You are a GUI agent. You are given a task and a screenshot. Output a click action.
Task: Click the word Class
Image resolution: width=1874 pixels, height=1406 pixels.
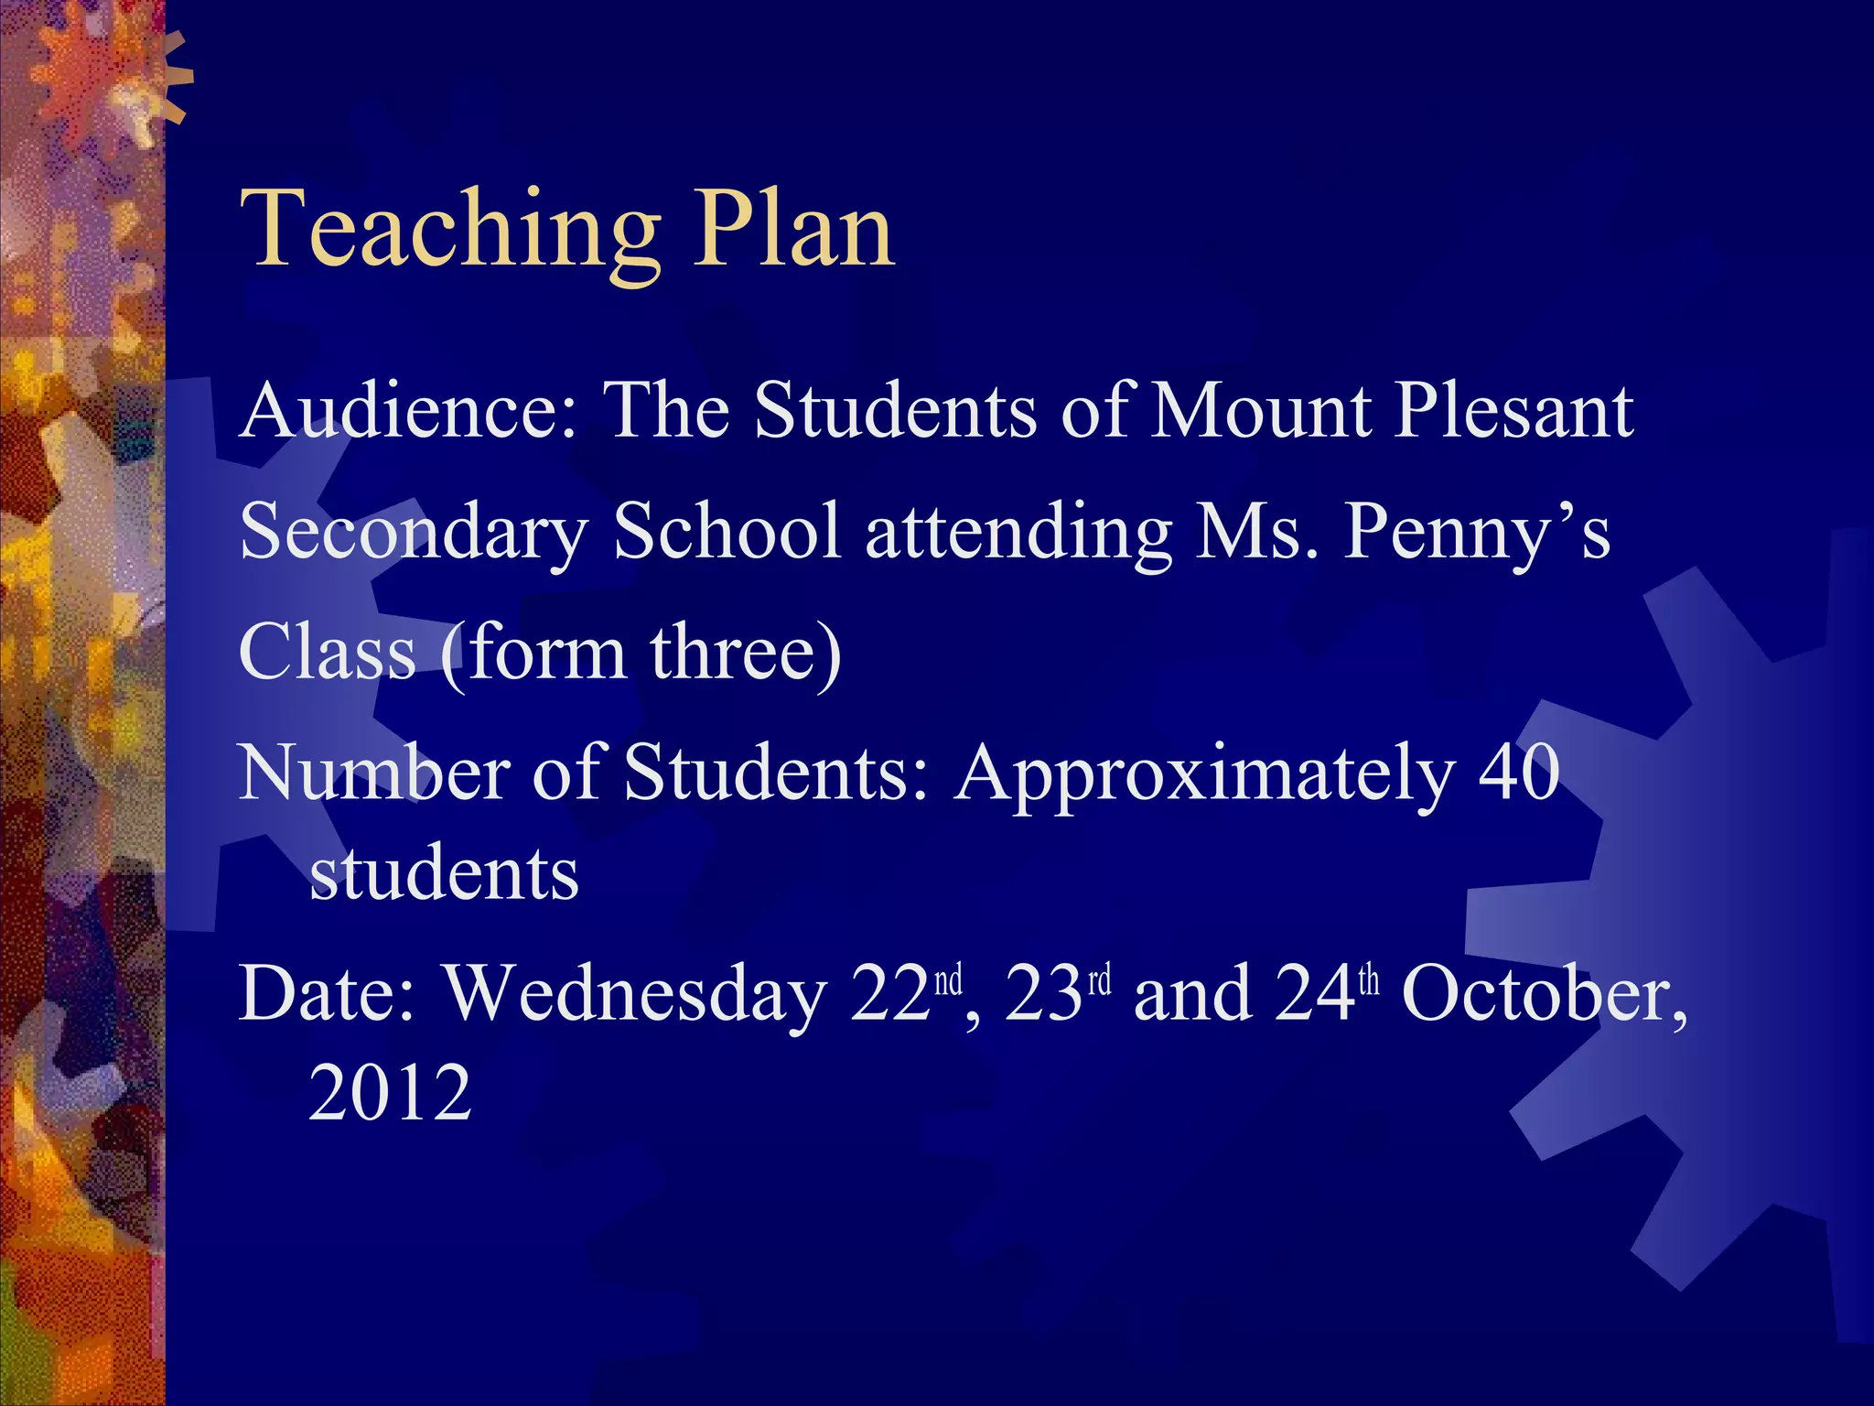[x=328, y=652]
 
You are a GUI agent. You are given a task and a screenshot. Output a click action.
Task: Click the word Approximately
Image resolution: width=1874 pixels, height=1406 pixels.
[x=1203, y=774]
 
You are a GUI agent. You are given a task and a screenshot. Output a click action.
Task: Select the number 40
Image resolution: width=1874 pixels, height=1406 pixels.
[x=1519, y=773]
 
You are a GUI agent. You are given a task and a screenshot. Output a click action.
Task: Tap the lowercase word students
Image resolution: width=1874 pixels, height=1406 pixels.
[x=444, y=874]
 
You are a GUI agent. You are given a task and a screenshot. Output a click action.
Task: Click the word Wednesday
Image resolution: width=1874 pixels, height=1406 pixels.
[x=636, y=995]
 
